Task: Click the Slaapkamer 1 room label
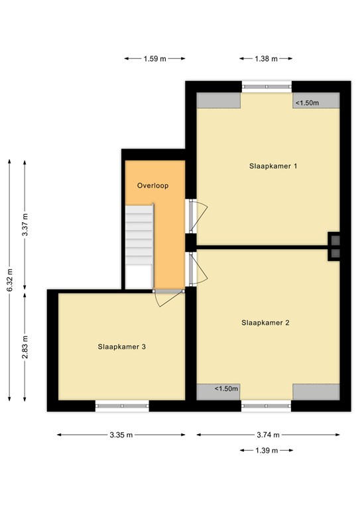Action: coord(273,166)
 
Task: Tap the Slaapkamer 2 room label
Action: coord(265,323)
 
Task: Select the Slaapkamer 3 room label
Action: coord(122,347)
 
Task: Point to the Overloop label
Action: coord(152,186)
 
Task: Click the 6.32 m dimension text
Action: coord(10,280)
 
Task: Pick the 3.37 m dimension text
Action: coord(25,225)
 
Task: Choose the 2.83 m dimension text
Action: coord(25,347)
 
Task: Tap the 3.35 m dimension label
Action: coord(121,435)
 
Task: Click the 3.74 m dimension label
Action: coord(268,435)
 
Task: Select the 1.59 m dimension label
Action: coord(155,59)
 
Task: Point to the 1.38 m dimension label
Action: coord(266,59)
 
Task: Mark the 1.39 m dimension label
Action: coord(267,451)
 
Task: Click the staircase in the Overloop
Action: coord(139,246)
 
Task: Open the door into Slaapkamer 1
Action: coord(196,216)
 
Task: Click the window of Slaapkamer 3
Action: coord(122,406)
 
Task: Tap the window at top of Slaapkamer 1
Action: coord(267,87)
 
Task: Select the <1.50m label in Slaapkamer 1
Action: coord(307,103)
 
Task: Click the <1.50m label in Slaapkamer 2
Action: coord(226,388)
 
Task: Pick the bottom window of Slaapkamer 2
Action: coord(266,406)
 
